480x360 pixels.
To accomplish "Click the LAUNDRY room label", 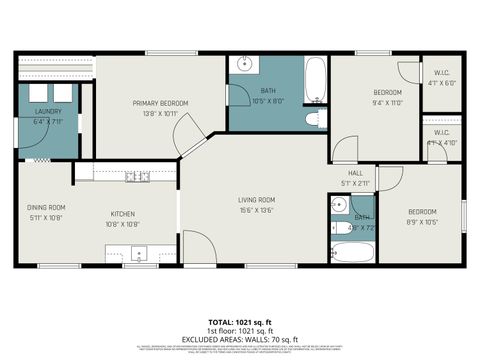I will (48, 111).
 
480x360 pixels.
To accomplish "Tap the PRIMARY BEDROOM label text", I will (161, 103).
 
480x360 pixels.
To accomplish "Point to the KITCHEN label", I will (123, 213).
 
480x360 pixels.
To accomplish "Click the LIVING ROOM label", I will (257, 200).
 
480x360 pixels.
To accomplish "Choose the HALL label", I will (341, 174).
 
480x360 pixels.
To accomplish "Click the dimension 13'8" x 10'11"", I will (161, 113).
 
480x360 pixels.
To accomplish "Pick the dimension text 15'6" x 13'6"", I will (257, 210).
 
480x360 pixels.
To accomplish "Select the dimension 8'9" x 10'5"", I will (422, 221).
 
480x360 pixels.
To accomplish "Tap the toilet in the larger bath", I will (312, 120).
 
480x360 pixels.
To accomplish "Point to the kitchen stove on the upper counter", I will (136, 177).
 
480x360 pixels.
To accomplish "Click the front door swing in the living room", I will (197, 249).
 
